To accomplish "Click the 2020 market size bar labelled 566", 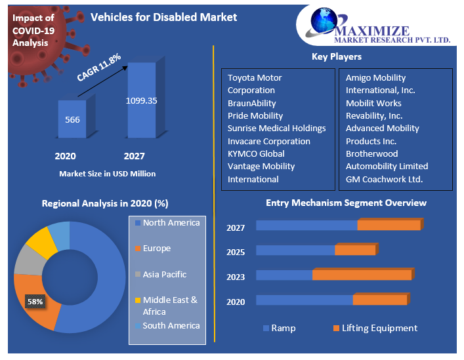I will [x=72, y=119].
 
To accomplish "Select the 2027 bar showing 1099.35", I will [x=141, y=100].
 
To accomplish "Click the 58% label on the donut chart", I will [x=34, y=302].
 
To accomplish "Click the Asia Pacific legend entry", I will [x=164, y=275].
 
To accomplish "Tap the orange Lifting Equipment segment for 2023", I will [x=362, y=275].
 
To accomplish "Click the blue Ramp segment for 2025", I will [x=295, y=250].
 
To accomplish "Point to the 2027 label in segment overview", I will [x=236, y=228].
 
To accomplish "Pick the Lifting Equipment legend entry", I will [x=379, y=328].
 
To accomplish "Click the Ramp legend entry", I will [x=283, y=328].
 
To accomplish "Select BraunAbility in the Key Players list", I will [x=251, y=103].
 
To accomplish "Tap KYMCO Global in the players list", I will [x=255, y=153].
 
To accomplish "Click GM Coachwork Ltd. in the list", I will [x=384, y=179].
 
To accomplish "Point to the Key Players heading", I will [x=336, y=57].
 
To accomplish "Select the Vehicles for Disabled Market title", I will [x=163, y=17].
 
